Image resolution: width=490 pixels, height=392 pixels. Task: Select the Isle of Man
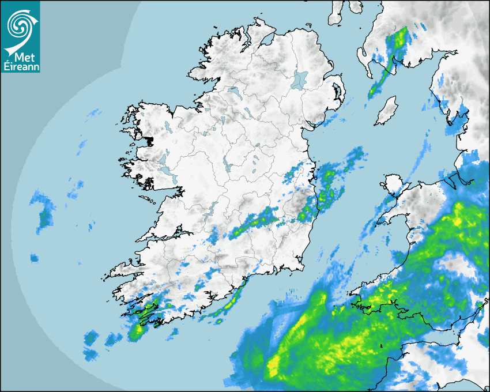tap(386, 111)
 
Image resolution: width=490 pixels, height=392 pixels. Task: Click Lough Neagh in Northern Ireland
tap(300, 79)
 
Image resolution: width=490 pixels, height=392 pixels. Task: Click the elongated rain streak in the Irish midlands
tap(254, 224)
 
